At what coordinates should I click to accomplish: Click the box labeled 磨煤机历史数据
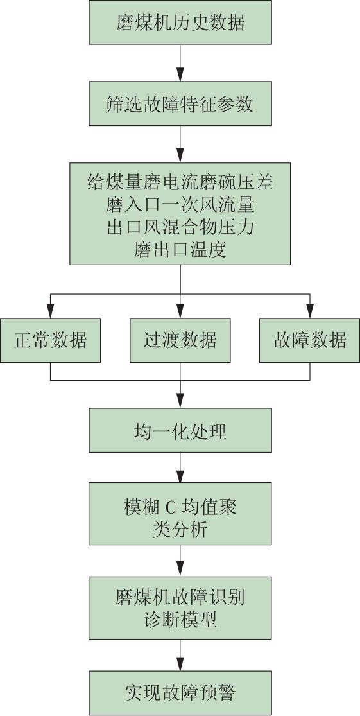click(x=180, y=22)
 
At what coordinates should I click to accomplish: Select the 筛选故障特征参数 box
click(x=180, y=103)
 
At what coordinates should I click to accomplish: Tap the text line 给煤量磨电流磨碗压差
click(x=180, y=184)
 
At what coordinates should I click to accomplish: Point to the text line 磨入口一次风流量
click(x=180, y=206)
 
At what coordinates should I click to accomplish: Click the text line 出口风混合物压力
click(x=180, y=228)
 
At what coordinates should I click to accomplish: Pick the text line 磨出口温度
click(x=180, y=250)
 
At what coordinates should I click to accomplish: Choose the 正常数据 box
click(x=50, y=340)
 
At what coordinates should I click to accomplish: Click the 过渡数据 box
click(x=180, y=340)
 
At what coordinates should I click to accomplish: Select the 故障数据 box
click(x=310, y=340)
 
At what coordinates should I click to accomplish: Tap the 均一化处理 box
click(x=180, y=431)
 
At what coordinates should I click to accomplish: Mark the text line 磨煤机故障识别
click(x=180, y=597)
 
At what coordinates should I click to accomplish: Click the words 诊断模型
click(x=180, y=620)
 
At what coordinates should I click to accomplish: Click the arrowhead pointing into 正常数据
click(x=50, y=311)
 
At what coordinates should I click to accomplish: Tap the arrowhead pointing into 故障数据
click(x=310, y=311)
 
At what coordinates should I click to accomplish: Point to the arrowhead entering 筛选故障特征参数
click(x=180, y=75)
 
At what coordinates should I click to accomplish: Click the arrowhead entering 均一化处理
click(x=180, y=401)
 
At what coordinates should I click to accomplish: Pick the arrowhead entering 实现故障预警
click(x=180, y=664)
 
